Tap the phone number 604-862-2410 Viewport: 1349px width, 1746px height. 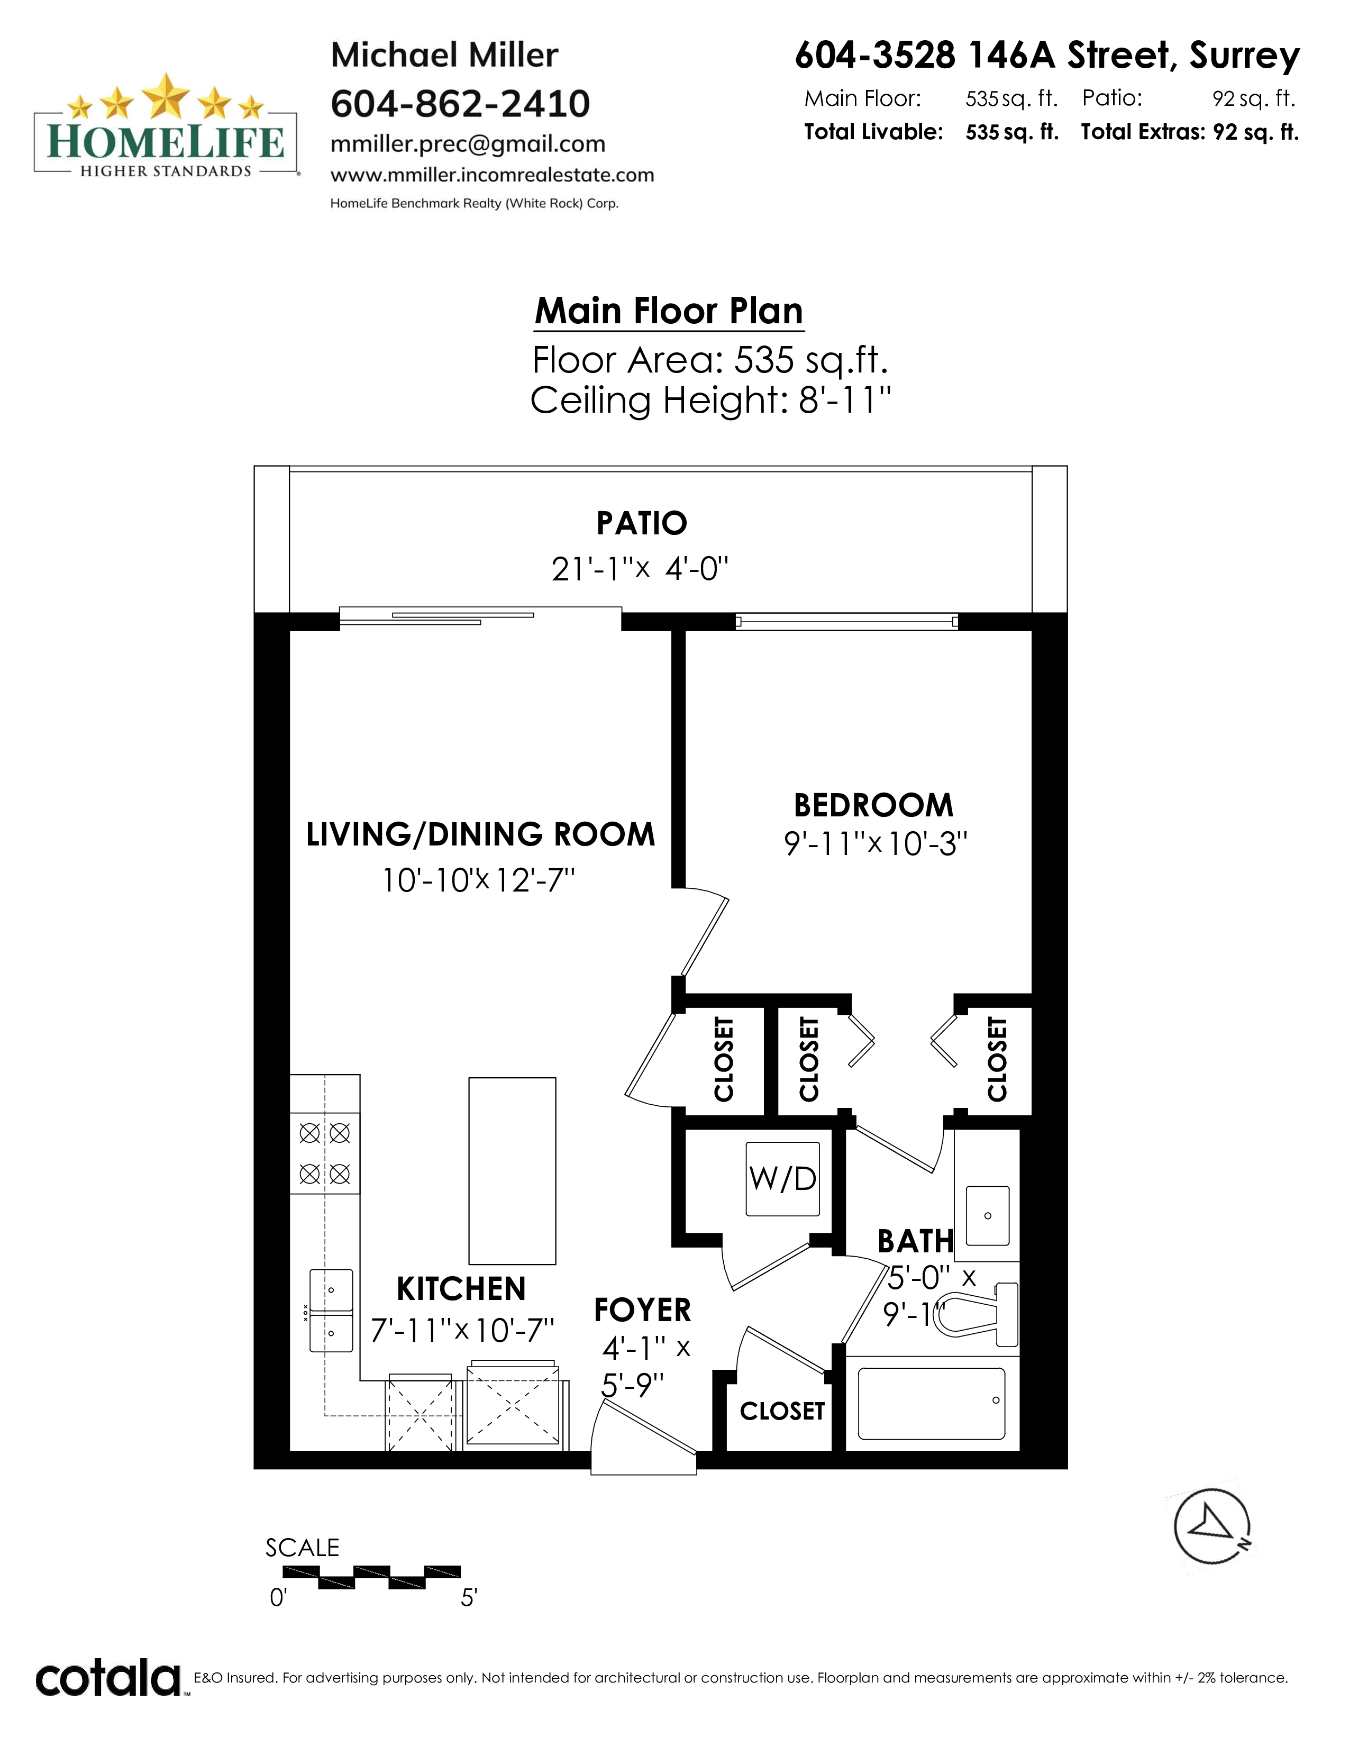(460, 104)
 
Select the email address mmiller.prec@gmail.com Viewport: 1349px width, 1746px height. (468, 144)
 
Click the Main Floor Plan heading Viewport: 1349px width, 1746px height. (669, 311)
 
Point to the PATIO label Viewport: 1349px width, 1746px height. (642, 523)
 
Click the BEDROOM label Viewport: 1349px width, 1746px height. (873, 805)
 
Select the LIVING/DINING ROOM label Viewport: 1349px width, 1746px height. (480, 834)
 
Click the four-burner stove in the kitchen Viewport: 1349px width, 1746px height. (324, 1153)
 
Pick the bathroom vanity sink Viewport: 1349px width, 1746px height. (988, 1216)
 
